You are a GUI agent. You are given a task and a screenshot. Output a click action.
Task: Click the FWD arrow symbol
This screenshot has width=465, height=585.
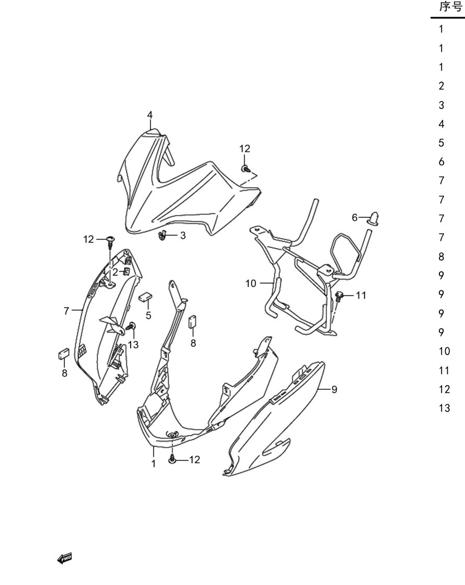[x=64, y=558]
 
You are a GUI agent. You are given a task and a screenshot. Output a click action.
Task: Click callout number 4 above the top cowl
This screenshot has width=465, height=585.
[x=149, y=115]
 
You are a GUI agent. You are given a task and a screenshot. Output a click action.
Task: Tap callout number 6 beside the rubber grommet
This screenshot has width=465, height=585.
[x=355, y=217]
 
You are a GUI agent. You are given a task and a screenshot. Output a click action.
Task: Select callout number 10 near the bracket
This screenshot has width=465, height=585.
[x=251, y=284]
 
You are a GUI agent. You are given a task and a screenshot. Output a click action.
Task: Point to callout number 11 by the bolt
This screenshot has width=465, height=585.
[x=361, y=296]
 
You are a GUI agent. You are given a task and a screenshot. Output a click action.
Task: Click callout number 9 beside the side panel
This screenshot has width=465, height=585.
[x=334, y=390]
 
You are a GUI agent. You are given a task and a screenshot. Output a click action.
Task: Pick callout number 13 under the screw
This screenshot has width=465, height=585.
[x=133, y=345]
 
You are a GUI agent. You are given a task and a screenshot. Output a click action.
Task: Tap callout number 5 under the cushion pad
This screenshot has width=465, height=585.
[x=148, y=315]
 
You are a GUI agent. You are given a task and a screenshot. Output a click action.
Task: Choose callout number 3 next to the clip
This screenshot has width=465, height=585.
[x=183, y=236]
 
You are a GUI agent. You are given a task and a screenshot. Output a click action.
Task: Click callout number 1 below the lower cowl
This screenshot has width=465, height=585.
[x=154, y=464]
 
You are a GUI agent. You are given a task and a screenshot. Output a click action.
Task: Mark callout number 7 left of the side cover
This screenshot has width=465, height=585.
[x=66, y=310]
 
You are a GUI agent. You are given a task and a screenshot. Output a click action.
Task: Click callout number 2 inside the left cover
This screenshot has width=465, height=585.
[x=115, y=272]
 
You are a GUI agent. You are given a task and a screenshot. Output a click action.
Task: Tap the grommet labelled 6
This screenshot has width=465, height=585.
[x=374, y=218]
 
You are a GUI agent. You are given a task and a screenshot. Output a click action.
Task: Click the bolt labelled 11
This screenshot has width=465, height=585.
[x=339, y=296]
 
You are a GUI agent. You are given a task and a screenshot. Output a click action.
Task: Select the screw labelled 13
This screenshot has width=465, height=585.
[x=131, y=326]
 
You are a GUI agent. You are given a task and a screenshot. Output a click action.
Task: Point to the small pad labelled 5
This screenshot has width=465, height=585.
[x=146, y=297]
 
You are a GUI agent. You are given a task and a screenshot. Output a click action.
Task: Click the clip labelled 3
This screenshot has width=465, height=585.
[x=162, y=236]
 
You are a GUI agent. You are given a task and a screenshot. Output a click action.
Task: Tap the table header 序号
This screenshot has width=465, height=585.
[x=451, y=7]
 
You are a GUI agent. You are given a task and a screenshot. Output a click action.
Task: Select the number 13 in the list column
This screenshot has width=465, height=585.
[x=445, y=408]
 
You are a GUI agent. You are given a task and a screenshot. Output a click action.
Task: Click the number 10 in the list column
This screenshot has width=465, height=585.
[x=445, y=352]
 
